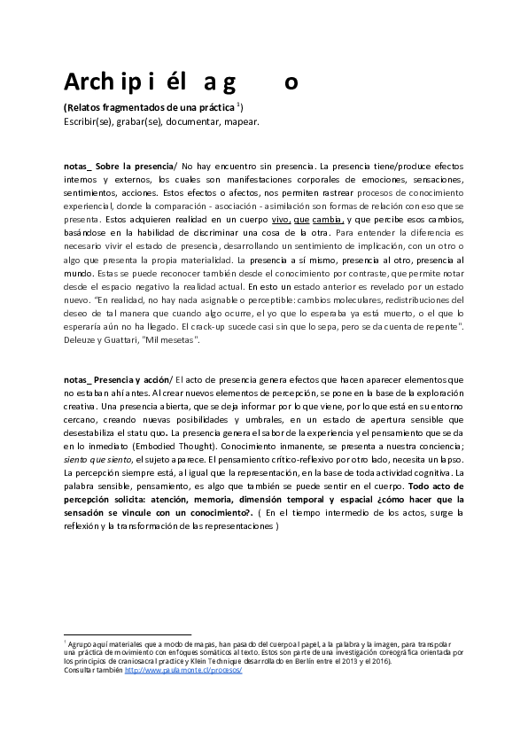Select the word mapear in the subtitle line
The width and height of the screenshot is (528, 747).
click(x=241, y=121)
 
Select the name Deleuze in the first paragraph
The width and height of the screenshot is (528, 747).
click(x=81, y=338)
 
